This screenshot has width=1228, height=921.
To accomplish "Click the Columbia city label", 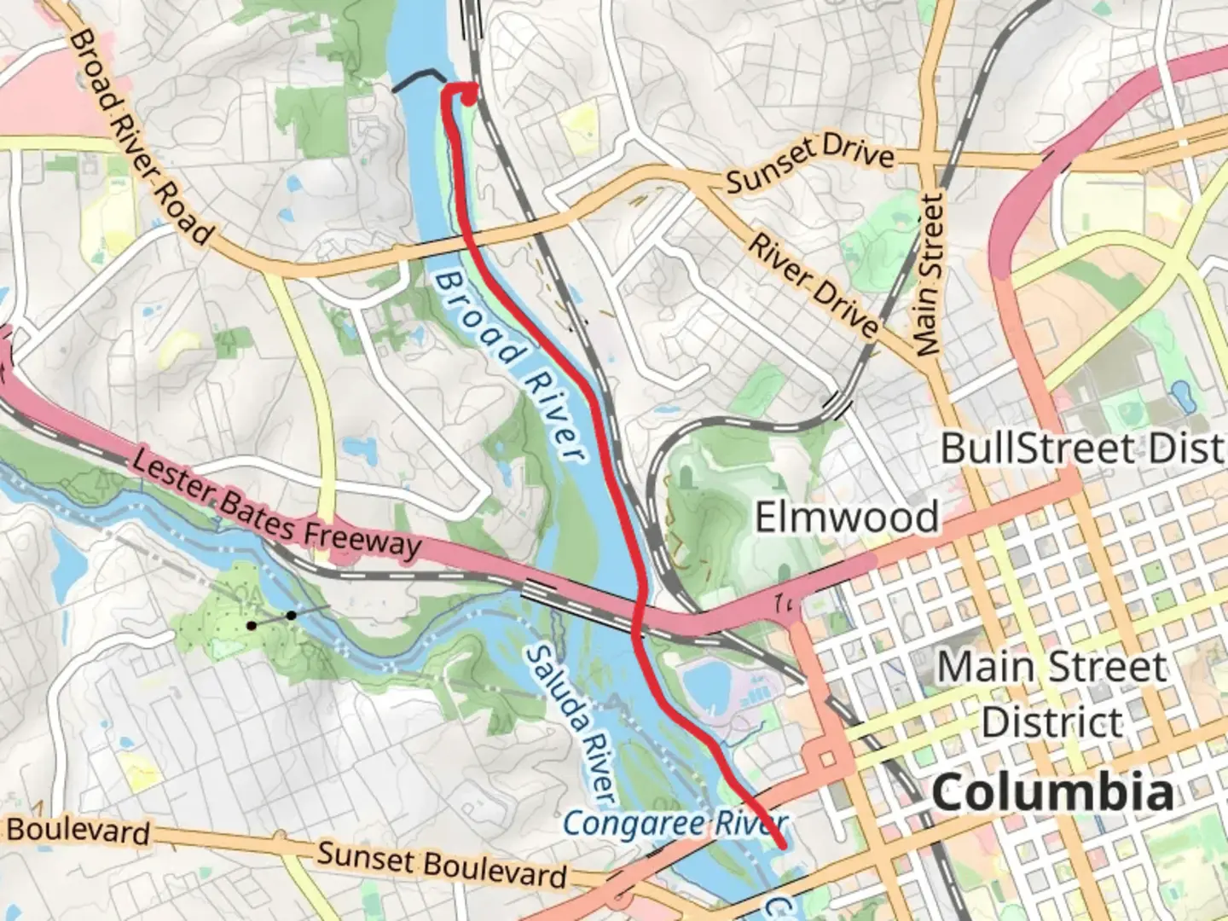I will [x=1052, y=793].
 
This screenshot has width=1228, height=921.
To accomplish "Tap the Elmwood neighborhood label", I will [x=847, y=517].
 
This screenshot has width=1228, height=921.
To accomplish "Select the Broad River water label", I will [x=510, y=367].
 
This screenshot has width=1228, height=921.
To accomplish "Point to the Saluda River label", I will [x=570, y=723].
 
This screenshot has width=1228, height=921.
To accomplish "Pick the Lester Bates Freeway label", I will [x=276, y=504].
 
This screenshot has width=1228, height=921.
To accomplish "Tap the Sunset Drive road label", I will [x=810, y=164].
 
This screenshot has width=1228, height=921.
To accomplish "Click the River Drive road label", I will [x=813, y=285].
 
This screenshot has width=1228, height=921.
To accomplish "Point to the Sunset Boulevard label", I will [x=442, y=864].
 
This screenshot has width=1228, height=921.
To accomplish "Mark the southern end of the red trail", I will [x=781, y=845].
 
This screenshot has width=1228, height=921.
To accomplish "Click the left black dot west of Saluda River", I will [x=252, y=626].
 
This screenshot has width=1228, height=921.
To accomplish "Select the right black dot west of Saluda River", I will [x=292, y=616].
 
